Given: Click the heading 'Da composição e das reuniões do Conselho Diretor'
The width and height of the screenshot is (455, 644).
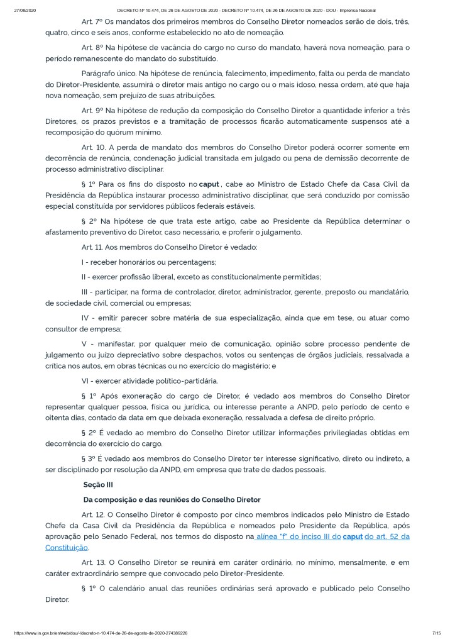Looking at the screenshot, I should point(172,499).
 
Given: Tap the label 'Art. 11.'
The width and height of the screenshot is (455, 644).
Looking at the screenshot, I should point(93,247).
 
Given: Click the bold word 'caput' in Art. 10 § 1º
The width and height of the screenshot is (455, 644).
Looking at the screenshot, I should point(209,184).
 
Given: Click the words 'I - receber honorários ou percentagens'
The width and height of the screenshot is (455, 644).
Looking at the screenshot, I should point(149,262).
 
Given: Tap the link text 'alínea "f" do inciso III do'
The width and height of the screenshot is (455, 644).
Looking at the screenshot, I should point(298,536).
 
